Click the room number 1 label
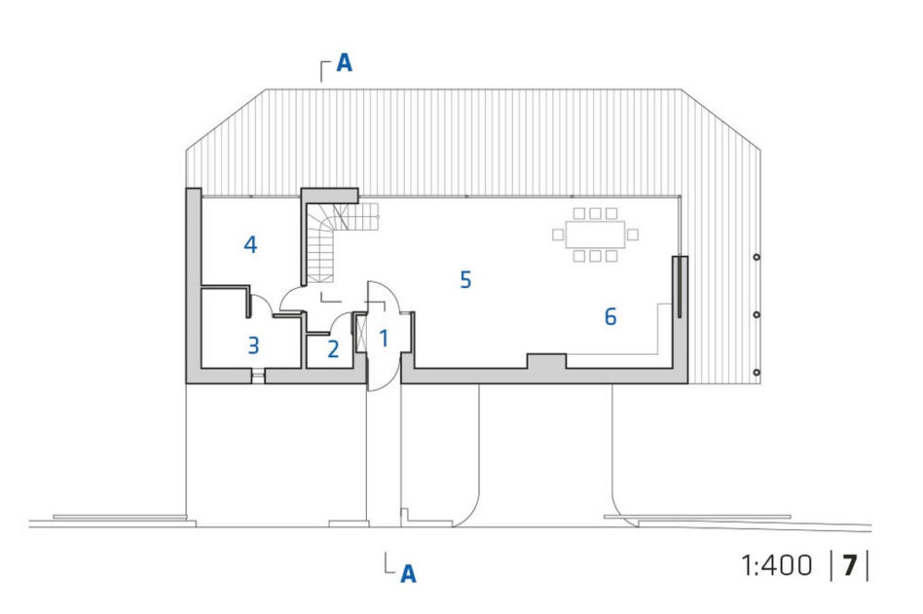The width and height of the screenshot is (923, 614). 384,339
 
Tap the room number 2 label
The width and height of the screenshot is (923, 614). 333,349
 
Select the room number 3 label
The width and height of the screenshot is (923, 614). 254,345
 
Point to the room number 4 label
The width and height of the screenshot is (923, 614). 250,244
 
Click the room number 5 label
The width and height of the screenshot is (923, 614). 465,280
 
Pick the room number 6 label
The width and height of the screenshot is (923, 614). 610,317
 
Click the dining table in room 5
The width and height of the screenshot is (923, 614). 595,235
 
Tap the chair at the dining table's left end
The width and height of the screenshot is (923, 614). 558,235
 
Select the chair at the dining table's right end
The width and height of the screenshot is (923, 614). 633,235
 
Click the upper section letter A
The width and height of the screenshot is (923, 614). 345,63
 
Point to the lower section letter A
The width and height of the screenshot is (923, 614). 408,573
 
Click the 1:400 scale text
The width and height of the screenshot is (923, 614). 777,565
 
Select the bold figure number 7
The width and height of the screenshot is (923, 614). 849,565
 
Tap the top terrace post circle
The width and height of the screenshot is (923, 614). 757,257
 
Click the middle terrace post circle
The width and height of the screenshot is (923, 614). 757,314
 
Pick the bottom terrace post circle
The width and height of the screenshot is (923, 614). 757,373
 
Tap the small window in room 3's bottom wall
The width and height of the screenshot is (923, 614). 258,376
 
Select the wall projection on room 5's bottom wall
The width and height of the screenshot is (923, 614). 546,361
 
